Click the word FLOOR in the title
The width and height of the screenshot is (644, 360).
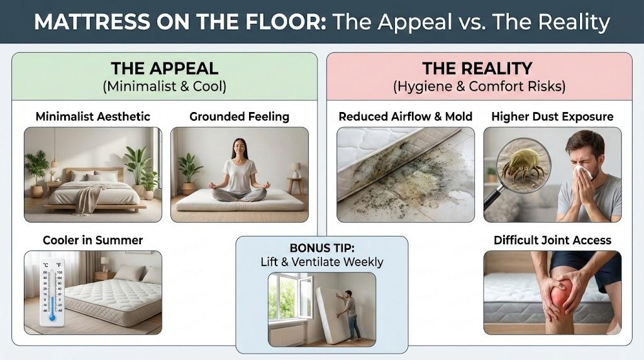[283, 22]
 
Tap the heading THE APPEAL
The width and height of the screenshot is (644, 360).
[165, 68]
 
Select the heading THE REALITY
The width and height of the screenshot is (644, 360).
[477, 68]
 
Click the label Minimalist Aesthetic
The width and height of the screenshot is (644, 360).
[93, 116]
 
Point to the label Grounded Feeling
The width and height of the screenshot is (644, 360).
[240, 116]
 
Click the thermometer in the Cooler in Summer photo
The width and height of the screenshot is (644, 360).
[52, 292]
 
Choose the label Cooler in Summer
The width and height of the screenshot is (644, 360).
[93, 240]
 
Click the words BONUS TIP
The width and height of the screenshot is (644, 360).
[322, 248]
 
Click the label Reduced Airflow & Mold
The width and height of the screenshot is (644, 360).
[406, 116]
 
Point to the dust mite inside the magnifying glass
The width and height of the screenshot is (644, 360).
[523, 164]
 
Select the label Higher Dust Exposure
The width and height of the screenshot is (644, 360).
[552, 116]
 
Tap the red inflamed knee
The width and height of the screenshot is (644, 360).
[559, 293]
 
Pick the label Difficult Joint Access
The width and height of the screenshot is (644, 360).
[552, 240]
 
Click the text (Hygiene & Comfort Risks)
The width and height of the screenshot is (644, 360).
[479, 86]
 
